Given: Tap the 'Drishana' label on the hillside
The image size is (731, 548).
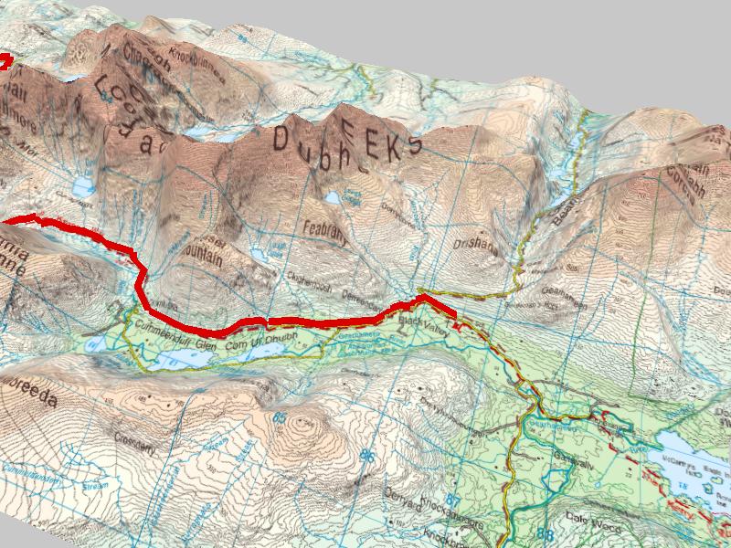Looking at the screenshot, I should click(x=474, y=247).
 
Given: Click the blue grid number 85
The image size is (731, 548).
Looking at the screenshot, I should click(x=278, y=419).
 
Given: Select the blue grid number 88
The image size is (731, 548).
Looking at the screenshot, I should click(x=546, y=533).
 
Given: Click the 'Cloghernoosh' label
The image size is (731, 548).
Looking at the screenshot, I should click(x=308, y=283).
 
